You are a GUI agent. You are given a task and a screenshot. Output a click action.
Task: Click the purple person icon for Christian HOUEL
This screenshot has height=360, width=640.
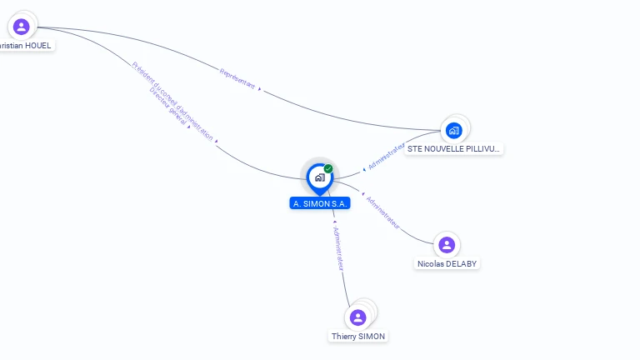click(22, 27)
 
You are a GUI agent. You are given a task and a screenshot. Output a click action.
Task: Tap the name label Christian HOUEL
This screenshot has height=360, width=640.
click(26, 45)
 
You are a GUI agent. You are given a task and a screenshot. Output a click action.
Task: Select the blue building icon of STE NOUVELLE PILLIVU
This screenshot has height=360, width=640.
click(453, 130)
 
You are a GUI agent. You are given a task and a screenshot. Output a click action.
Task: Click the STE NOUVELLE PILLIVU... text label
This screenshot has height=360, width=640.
click(453, 148)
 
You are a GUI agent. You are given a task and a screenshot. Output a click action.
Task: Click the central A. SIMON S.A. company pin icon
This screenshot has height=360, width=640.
click(319, 177)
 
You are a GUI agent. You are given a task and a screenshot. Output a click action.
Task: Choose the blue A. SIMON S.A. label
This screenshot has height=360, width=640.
click(320, 203)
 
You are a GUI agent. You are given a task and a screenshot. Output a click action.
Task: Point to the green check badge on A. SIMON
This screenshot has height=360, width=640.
click(328, 169)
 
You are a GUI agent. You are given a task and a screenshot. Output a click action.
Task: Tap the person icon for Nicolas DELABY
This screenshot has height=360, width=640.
click(447, 245)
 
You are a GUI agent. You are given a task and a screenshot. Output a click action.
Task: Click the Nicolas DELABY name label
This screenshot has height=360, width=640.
click(447, 263)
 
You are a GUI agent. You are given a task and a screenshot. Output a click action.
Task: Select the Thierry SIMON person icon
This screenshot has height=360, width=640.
click(358, 317)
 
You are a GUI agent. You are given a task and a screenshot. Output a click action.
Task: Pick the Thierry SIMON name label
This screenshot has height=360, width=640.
click(358, 336)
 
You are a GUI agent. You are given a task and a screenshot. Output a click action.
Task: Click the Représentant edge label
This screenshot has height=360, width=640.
click(237, 78)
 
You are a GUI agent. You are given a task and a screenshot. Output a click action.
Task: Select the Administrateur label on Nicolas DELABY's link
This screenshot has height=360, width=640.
click(383, 212)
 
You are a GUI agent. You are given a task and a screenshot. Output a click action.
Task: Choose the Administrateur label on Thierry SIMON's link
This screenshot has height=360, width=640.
click(338, 247)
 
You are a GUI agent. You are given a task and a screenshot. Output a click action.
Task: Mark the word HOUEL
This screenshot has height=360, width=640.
click(37, 45)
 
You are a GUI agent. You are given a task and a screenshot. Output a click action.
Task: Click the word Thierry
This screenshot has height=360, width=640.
click(343, 336)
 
